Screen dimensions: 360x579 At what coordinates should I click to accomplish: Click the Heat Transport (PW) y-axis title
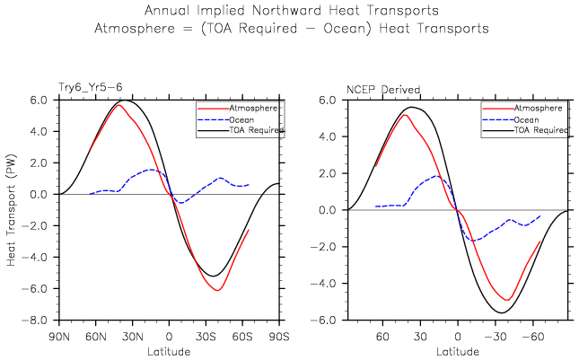[12, 207]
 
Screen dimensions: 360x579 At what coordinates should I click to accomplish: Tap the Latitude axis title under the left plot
[168, 349]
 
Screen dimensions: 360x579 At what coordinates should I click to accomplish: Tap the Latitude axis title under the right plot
[457, 349]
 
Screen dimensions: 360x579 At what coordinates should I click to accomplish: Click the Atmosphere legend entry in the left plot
[255, 107]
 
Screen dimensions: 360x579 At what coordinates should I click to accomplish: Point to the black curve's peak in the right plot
[411, 107]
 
